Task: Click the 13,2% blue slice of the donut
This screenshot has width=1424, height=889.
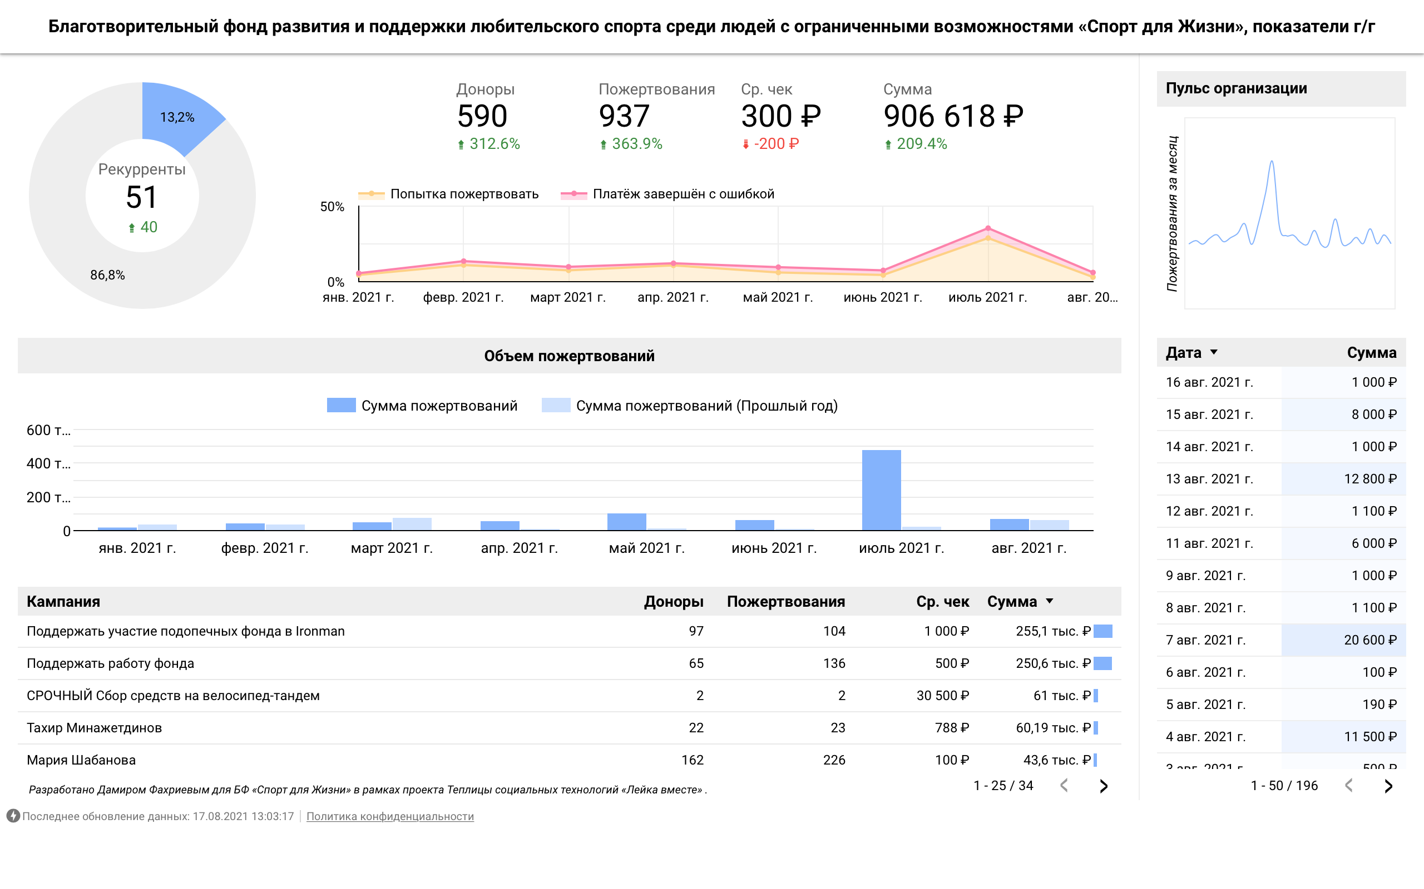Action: point(176,118)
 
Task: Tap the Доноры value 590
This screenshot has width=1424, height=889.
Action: point(482,116)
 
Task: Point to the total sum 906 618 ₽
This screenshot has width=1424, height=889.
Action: point(953,116)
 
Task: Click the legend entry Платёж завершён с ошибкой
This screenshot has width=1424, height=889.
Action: point(683,194)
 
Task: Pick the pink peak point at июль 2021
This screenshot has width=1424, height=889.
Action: point(988,228)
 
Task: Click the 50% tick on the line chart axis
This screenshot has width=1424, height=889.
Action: point(332,207)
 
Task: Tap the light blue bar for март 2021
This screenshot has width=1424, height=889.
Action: point(412,524)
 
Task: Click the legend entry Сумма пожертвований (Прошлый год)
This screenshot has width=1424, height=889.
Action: point(706,406)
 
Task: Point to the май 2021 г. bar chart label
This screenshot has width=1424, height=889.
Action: point(646,548)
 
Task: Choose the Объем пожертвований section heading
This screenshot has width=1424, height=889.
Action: point(569,356)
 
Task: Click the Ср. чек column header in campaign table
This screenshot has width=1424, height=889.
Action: point(942,602)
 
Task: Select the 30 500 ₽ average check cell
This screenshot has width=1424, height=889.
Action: point(942,696)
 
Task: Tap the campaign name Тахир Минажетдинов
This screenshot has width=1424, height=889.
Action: point(94,728)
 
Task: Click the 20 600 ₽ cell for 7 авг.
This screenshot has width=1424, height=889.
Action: point(1369,640)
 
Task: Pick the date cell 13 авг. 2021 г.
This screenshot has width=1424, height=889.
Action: point(1209,478)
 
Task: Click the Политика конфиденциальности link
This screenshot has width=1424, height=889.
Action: point(389,816)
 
